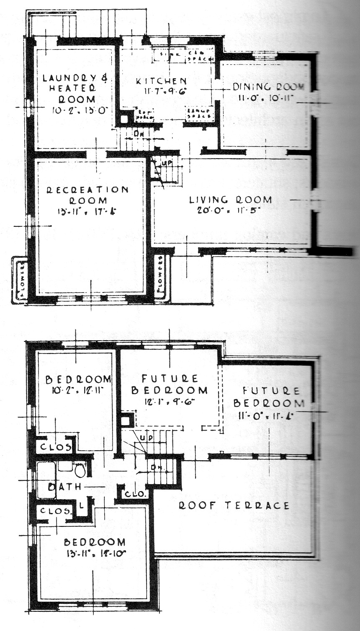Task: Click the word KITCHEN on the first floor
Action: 161,81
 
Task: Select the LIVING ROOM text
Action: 230,200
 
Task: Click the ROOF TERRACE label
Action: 234,505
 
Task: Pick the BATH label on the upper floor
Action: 64,487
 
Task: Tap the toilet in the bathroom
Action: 80,469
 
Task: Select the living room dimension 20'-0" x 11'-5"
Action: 230,210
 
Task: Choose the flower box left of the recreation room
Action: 20,280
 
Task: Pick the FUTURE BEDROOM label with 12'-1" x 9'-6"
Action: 170,385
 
